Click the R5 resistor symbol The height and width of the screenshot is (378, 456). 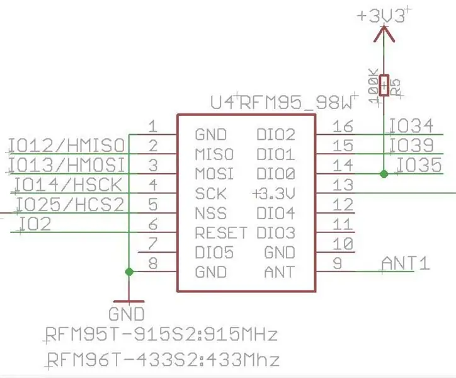click(x=384, y=85)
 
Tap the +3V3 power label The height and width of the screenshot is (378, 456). click(x=381, y=16)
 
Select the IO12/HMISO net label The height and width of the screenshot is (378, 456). click(x=67, y=145)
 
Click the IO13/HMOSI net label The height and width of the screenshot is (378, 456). click(x=67, y=165)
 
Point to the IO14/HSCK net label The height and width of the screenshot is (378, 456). click(x=68, y=185)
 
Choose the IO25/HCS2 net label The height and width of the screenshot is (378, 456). click(x=70, y=204)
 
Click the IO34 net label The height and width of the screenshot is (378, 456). click(x=411, y=126)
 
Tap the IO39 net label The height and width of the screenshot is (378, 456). click(x=411, y=145)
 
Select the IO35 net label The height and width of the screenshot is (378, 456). click(x=419, y=165)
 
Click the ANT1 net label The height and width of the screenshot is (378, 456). click(x=406, y=263)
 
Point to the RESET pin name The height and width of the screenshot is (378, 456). click(x=221, y=233)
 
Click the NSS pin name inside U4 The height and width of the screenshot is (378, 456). click(x=210, y=214)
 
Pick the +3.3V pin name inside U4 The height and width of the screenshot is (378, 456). click(x=273, y=194)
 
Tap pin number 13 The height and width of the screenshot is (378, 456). click(x=343, y=185)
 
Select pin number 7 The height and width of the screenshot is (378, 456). click(x=153, y=244)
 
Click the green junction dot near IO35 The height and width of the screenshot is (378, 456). click(x=384, y=174)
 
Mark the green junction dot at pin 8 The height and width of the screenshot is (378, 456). click(x=129, y=272)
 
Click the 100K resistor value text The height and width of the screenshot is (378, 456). click(x=373, y=86)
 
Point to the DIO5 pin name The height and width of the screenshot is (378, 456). click(x=214, y=253)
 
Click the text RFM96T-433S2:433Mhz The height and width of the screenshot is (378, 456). click(x=163, y=360)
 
